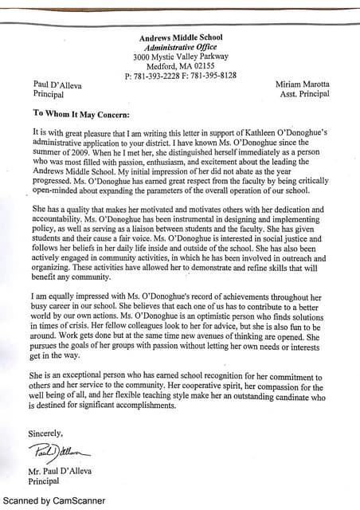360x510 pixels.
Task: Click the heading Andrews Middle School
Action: point(181,37)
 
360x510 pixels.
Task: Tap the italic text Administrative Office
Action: point(181,47)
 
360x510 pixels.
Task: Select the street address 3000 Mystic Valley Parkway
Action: point(181,57)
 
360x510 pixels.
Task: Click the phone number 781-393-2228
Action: point(158,76)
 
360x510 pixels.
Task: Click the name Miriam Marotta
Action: point(302,84)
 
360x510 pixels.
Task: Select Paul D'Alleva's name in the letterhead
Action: point(57,84)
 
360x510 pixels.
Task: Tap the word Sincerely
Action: point(45,433)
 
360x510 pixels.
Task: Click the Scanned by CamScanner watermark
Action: point(54,501)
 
